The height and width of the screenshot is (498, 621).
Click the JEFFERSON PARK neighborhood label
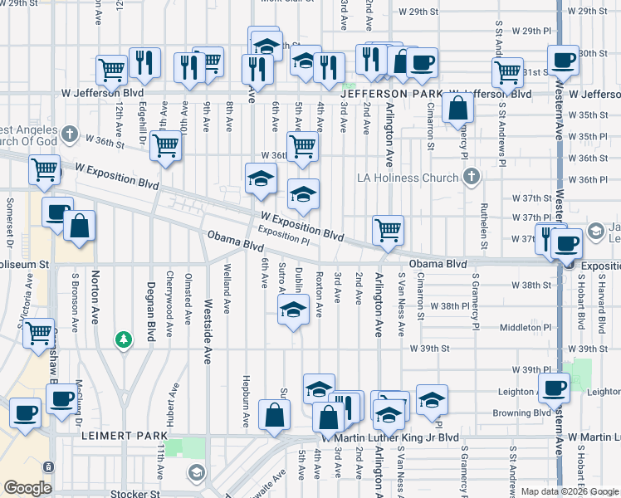click(385, 94)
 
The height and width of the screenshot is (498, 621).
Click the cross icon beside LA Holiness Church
click(471, 176)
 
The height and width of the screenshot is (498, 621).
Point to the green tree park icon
click(123, 339)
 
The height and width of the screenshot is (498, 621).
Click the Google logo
click(28, 488)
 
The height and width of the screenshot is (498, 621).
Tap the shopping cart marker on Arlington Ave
click(388, 230)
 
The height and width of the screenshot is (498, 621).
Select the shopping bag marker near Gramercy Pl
click(457, 108)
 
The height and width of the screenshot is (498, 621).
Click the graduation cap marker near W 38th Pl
click(292, 312)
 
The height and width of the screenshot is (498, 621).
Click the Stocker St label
click(125, 492)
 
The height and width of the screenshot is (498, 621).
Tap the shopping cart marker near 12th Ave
click(111, 70)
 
